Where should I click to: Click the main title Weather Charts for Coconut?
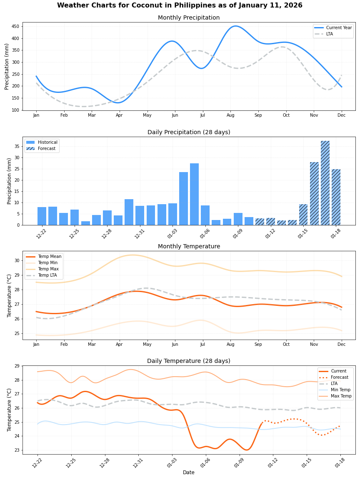click(x=180, y=5)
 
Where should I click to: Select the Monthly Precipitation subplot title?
click(x=188, y=17)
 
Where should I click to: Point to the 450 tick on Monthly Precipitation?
click(x=16, y=27)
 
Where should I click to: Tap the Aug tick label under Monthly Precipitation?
click(x=230, y=115)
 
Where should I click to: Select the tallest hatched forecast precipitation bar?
click(x=325, y=183)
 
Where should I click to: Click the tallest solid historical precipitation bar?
click(x=194, y=194)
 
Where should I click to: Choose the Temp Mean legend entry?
click(x=47, y=257)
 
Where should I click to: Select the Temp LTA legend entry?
click(x=47, y=275)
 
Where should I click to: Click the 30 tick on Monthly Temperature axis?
click(x=17, y=260)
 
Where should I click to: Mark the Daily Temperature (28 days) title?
click(x=188, y=361)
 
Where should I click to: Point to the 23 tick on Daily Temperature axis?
click(x=17, y=450)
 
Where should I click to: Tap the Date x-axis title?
click(x=188, y=472)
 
